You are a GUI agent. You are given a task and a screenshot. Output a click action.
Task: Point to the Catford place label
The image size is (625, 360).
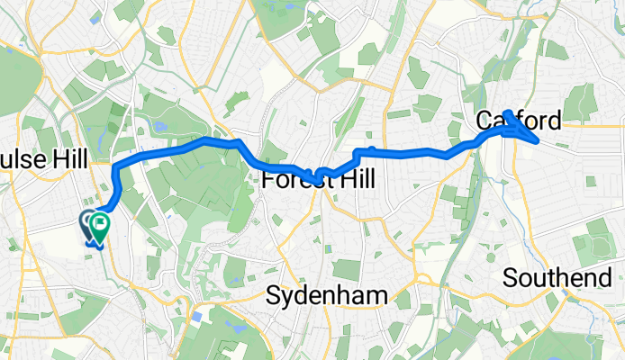[x=518, y=121]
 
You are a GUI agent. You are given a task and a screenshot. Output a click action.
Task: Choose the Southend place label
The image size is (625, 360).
[x=557, y=277]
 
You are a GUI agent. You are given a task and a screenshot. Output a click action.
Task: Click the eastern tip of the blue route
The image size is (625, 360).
[x=538, y=140]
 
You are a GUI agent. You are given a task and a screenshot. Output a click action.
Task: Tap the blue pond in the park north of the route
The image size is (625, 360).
[x=162, y=127]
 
